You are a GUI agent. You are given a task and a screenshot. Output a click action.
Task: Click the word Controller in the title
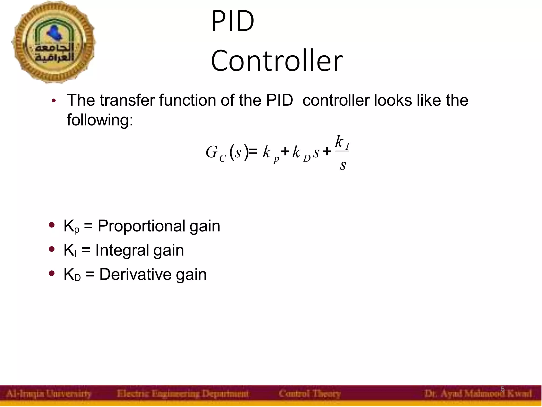coord(277,61)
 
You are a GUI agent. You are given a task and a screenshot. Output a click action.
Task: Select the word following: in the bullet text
coord(100,120)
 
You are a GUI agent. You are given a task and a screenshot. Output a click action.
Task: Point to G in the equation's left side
coord(211,152)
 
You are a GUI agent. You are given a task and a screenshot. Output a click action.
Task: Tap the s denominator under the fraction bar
coord(343,165)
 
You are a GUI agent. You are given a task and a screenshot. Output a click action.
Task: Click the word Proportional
coord(141,226)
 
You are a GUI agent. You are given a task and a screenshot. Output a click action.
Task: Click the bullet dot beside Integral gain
coord(52,249)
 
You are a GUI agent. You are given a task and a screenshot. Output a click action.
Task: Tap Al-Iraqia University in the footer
coord(48,394)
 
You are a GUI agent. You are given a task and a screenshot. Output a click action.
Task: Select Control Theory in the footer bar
coord(309,394)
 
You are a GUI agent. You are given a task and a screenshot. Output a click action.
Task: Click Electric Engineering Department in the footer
coord(183,394)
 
